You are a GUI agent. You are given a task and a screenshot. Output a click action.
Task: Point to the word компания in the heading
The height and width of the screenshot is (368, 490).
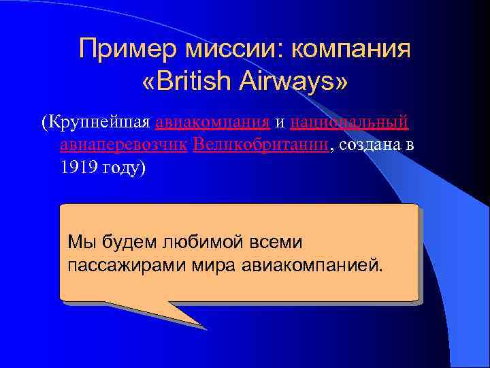(351, 49)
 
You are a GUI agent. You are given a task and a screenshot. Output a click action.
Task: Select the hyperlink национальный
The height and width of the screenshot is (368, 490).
(348, 123)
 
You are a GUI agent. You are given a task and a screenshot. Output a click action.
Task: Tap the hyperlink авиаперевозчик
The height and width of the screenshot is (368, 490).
(123, 145)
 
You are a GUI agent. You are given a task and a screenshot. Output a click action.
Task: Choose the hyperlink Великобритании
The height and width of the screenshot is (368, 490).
(261, 145)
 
